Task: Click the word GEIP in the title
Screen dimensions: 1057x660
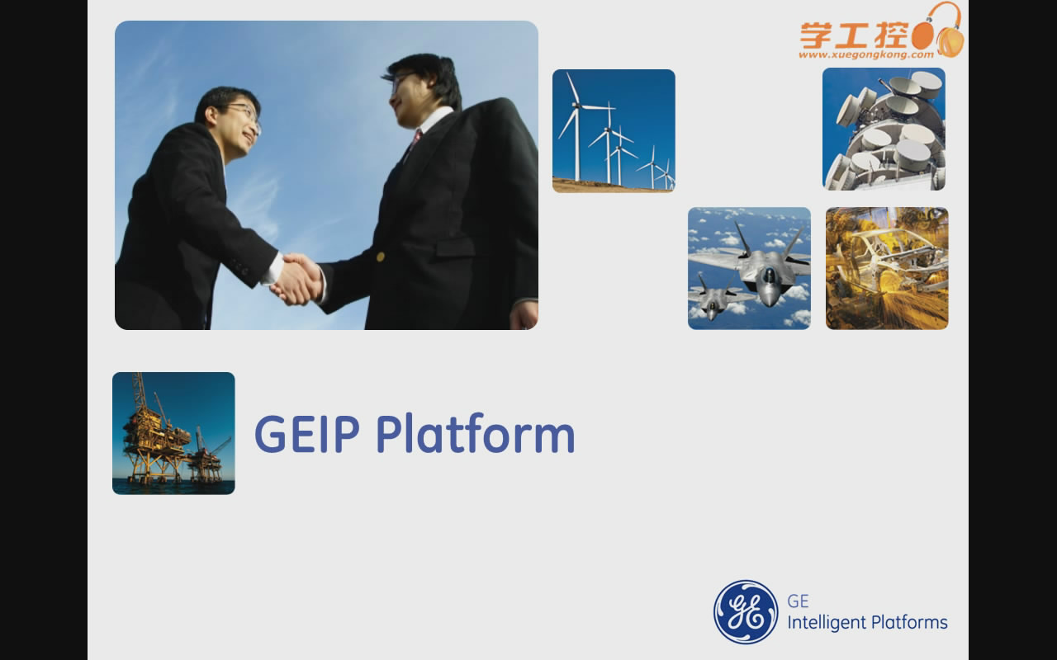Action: pyautogui.click(x=307, y=434)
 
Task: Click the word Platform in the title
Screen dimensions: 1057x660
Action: pyautogui.click(x=476, y=433)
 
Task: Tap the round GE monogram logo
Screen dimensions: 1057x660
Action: pyautogui.click(x=746, y=612)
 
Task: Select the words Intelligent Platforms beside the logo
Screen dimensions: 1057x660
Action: pyautogui.click(x=867, y=623)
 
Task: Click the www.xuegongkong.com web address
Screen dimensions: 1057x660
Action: pyautogui.click(x=866, y=54)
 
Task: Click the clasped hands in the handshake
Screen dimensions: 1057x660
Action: pyautogui.click(x=297, y=279)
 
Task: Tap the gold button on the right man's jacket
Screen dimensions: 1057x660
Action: pyautogui.click(x=381, y=257)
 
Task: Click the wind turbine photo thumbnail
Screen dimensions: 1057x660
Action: pyautogui.click(x=614, y=131)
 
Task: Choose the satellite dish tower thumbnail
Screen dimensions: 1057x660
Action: pyautogui.click(x=884, y=130)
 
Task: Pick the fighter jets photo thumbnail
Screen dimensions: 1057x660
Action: pyautogui.click(x=749, y=268)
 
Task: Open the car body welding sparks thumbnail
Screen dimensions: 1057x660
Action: pyautogui.click(x=887, y=268)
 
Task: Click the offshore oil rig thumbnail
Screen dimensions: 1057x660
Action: pyautogui.click(x=173, y=433)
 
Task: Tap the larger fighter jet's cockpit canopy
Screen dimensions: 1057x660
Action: pyautogui.click(x=769, y=273)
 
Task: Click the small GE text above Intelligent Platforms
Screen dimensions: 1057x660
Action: pyautogui.click(x=798, y=601)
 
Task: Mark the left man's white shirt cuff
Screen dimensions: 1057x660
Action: pyautogui.click(x=273, y=269)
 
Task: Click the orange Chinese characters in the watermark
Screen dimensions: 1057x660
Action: pyautogui.click(x=854, y=35)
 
